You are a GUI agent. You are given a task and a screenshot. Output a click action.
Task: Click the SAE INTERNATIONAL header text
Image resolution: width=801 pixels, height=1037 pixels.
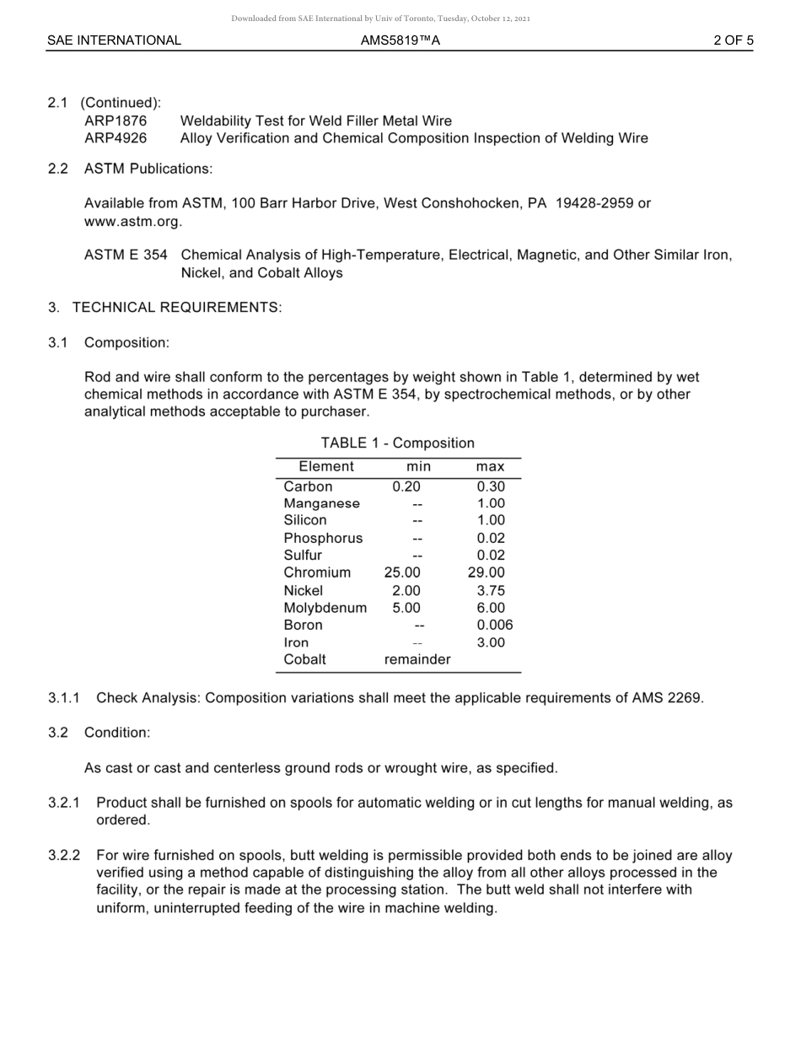[x=114, y=40]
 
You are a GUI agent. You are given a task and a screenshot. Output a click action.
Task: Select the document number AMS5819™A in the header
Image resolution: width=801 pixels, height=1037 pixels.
[x=400, y=40]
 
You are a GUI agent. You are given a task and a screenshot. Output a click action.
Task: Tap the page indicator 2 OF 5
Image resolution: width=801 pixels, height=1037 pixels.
[x=733, y=40]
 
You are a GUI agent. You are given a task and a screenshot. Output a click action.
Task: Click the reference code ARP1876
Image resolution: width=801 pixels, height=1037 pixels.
[x=116, y=121]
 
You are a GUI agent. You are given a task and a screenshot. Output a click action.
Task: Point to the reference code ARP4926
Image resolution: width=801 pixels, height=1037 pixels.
[x=116, y=138]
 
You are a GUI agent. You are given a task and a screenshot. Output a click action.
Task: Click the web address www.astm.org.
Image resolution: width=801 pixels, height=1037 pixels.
[x=132, y=222]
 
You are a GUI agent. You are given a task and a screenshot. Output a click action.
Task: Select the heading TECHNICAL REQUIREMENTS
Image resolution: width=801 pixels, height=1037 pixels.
[x=176, y=308]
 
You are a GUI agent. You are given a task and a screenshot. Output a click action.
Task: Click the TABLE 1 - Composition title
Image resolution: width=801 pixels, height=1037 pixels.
[x=397, y=443]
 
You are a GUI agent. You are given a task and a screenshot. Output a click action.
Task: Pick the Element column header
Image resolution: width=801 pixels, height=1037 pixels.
[x=326, y=467]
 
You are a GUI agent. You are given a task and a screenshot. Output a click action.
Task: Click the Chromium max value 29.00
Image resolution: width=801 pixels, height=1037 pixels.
[x=487, y=573]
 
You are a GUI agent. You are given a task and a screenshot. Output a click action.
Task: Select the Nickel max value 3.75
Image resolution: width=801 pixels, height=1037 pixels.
[x=491, y=591]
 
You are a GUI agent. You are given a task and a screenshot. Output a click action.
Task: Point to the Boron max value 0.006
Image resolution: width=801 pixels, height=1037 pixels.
[x=494, y=626]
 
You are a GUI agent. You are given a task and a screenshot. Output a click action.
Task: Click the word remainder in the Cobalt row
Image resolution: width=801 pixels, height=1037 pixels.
[x=417, y=660]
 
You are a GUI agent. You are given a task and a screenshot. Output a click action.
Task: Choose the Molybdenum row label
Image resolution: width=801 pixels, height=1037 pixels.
[x=325, y=608]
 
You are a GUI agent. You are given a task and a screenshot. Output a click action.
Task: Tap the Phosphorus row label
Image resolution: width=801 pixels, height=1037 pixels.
[x=323, y=539]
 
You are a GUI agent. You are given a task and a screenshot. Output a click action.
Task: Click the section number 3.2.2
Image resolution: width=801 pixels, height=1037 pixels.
[x=64, y=856]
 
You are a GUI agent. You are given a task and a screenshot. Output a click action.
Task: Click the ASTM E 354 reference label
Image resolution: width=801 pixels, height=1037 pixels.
[x=126, y=255]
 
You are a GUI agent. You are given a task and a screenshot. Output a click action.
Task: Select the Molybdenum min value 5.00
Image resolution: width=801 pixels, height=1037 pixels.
[x=406, y=608]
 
